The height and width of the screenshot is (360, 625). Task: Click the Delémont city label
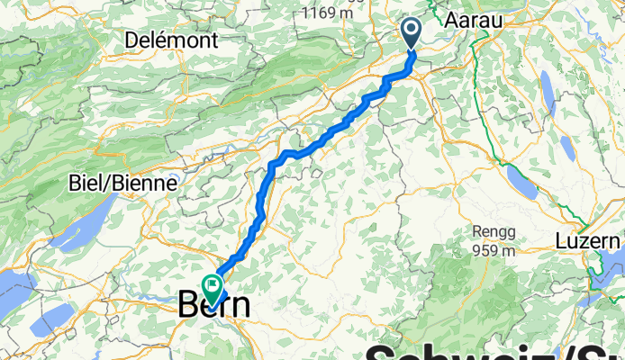click(171, 40)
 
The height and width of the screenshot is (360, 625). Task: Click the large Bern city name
click(215, 305)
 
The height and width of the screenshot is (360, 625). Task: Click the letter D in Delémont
click(132, 40)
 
